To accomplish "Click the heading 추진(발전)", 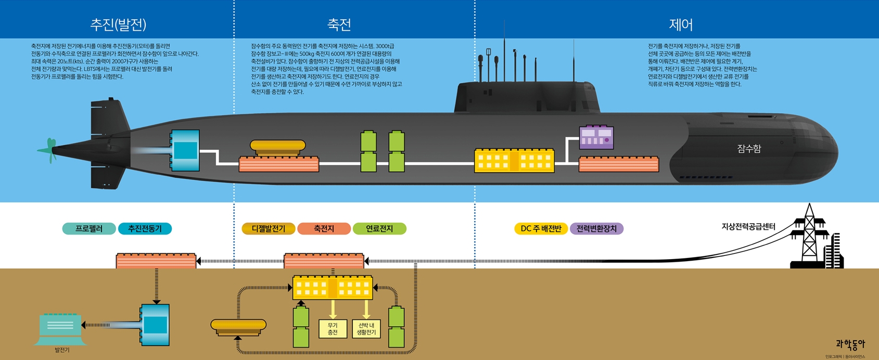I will tap(118, 24).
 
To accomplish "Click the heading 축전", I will tap(339, 24).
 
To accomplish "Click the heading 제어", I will tap(680, 24).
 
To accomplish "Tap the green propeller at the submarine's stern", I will tap(50, 150).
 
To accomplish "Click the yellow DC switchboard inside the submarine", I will tap(514, 160).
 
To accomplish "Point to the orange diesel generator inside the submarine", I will tap(278, 147).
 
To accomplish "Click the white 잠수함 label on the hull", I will tap(749, 149).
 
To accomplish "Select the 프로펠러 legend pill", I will tap(89, 229).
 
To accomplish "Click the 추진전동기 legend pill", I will tap(145, 229).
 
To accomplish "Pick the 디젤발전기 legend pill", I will tap(269, 229).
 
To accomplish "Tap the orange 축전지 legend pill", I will tap(324, 229).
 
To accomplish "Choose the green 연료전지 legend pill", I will tap(379, 229).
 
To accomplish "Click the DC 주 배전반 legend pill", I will tap(541, 229).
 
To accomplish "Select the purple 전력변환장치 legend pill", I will tap(596, 229).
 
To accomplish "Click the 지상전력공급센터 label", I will tap(748, 227).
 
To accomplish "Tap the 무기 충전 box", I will tap(333, 329).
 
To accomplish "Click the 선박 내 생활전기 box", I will tap(366, 329).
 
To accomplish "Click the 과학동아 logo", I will tap(850, 344).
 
